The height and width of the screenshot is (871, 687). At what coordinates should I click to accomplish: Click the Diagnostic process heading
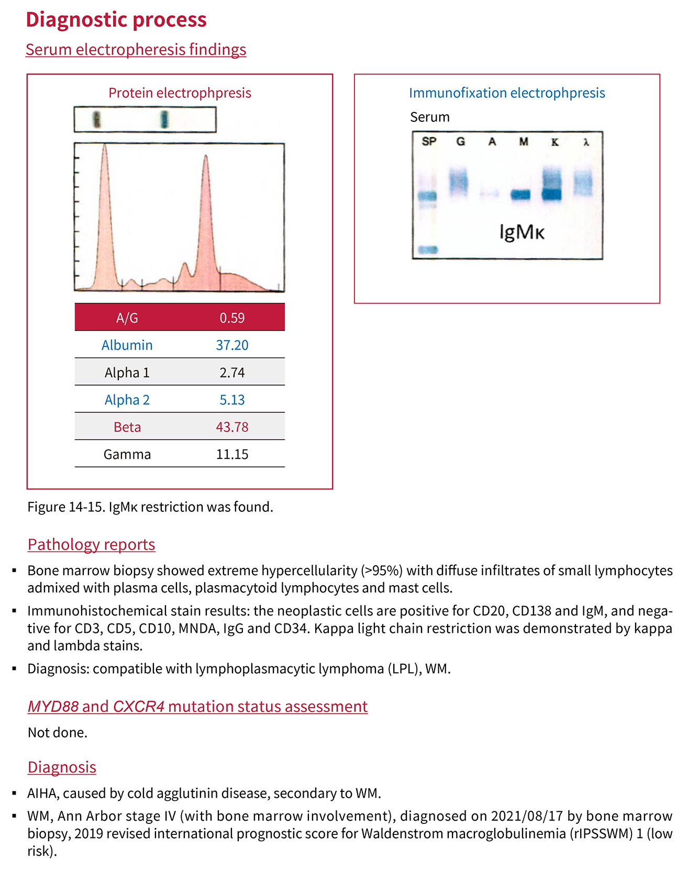pos(116,20)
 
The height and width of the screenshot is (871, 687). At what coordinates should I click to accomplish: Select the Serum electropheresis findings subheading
pos(136,50)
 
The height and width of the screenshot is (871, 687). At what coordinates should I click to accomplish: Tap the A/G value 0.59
pos(232,318)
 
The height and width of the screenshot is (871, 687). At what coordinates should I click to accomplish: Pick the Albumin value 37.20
pos(232,345)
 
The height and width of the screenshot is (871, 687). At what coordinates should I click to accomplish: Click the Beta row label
pos(127,427)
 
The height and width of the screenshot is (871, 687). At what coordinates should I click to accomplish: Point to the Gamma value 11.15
pos(232,454)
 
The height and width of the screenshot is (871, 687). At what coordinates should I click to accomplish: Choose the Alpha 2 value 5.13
pos(232,400)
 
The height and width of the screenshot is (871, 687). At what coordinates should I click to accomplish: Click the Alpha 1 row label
pos(127,373)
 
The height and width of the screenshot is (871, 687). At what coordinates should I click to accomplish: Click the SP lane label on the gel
pos(429,141)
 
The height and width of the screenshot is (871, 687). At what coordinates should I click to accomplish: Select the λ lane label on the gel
pos(586,142)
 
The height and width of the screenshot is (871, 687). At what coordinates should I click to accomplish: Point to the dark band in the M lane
pos(521,195)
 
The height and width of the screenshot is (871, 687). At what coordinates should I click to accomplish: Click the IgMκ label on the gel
pos(522,231)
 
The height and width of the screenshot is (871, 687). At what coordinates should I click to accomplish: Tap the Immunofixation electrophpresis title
pos(507,93)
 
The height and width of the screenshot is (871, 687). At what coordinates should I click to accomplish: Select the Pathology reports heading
pos(92,544)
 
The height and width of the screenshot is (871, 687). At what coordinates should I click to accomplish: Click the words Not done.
pos(58,732)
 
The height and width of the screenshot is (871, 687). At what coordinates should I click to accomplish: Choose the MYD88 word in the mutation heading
pos(53,707)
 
